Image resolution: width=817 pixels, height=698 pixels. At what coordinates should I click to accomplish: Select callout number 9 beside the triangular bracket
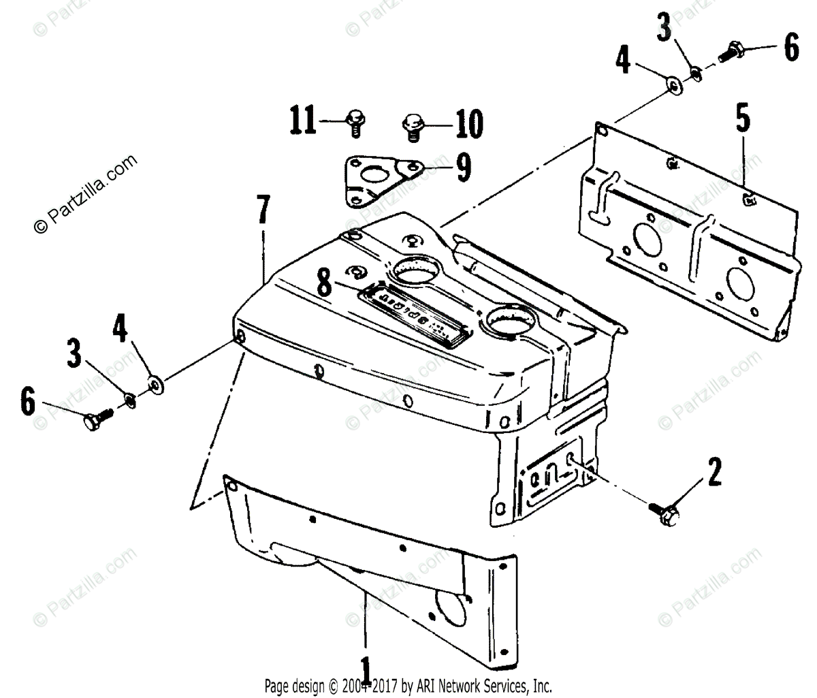463,167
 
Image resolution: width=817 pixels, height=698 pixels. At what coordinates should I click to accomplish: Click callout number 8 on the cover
325,283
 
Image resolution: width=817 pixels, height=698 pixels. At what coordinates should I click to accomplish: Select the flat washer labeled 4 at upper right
675,85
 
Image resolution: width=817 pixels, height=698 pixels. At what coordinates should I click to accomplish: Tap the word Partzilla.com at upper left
85,194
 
